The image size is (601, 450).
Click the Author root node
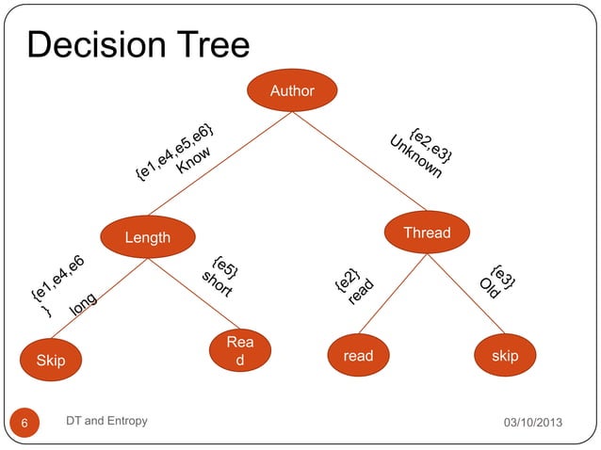click(x=292, y=91)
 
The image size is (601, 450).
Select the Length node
click(x=148, y=236)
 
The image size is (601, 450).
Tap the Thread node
click(x=427, y=233)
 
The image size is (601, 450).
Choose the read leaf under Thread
click(x=358, y=356)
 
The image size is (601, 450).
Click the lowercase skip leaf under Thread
click(x=505, y=356)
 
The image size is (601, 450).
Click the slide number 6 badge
click(x=25, y=423)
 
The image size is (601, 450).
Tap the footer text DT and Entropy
click(x=106, y=421)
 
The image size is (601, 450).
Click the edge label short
click(x=217, y=284)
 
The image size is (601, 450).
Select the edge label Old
click(x=487, y=287)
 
